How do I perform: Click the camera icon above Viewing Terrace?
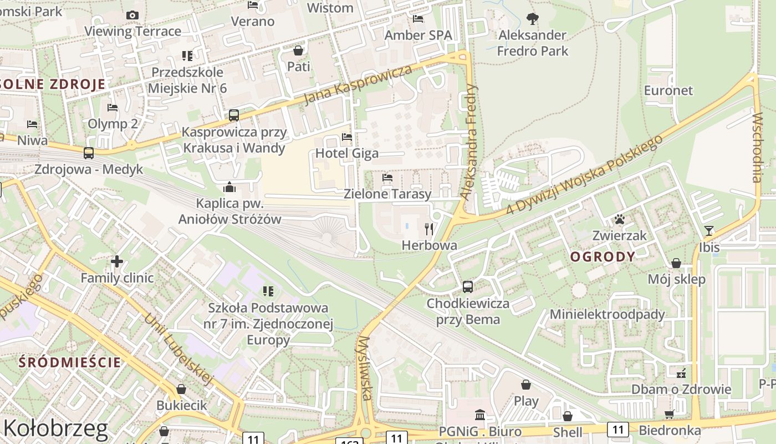click(x=132, y=15)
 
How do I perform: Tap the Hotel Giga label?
click(x=347, y=153)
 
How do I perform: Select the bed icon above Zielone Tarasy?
click(x=387, y=178)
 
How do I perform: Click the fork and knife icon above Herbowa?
click(x=428, y=228)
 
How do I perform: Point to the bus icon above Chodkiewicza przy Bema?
click(x=468, y=286)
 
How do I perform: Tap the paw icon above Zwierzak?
click(x=620, y=220)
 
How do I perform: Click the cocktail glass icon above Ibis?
click(x=709, y=230)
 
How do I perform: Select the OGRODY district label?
click(x=603, y=256)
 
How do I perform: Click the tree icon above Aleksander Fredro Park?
click(x=533, y=19)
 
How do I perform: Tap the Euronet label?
click(x=668, y=90)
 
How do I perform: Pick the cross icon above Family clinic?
click(x=117, y=261)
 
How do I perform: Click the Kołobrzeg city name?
click(x=55, y=428)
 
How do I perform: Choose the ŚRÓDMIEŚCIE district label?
click(x=70, y=362)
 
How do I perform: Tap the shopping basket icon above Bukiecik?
click(x=181, y=389)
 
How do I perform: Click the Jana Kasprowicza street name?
click(x=359, y=84)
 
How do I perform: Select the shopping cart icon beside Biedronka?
click(x=669, y=415)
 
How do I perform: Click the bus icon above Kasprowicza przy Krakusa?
click(x=234, y=115)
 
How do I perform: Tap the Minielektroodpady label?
click(x=607, y=314)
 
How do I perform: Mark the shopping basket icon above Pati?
click(x=298, y=51)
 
